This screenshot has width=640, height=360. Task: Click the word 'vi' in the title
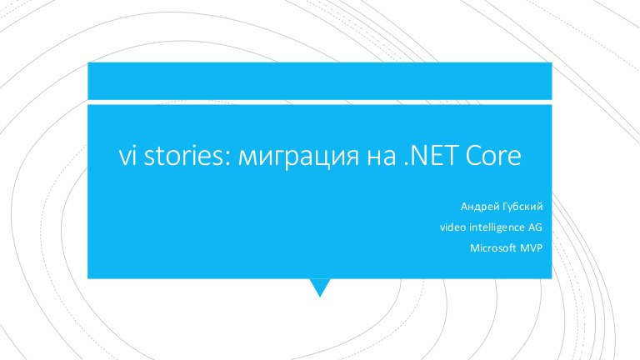(x=127, y=156)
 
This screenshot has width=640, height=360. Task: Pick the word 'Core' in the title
(x=493, y=156)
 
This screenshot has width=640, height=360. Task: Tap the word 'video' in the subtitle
(x=452, y=227)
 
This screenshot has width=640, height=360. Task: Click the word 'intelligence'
(x=497, y=227)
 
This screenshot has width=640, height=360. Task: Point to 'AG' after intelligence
(x=535, y=227)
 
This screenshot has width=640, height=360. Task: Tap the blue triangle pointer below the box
(x=320, y=285)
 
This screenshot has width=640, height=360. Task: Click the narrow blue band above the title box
(x=320, y=81)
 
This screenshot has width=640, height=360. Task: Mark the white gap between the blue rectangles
(x=320, y=102)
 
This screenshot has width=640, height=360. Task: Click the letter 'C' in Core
(x=472, y=156)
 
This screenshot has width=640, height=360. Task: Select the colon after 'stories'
(x=228, y=158)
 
